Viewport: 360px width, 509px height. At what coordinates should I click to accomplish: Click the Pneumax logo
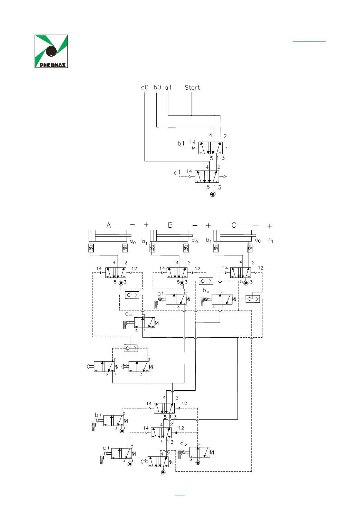(51, 51)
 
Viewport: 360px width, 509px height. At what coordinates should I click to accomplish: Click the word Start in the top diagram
(192, 88)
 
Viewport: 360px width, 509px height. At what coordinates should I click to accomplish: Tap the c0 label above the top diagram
(145, 88)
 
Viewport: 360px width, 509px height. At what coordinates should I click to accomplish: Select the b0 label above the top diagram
(157, 88)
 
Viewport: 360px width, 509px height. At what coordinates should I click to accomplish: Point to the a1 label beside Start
(168, 88)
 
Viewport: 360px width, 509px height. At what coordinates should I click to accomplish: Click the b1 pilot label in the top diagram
(181, 144)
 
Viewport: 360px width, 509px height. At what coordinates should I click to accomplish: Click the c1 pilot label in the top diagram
(177, 173)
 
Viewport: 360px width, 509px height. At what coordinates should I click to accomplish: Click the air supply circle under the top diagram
(213, 194)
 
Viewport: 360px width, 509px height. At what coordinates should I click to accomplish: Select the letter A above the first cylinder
(109, 225)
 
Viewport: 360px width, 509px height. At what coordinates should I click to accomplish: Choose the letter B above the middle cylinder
(170, 225)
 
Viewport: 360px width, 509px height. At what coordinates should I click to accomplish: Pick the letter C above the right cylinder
(234, 225)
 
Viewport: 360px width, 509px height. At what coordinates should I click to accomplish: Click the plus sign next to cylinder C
(270, 226)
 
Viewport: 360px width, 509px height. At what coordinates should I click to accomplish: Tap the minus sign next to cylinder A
(132, 225)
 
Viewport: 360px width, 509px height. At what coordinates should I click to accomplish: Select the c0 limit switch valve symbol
(145, 322)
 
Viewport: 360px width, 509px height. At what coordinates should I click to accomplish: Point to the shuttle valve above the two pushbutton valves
(131, 348)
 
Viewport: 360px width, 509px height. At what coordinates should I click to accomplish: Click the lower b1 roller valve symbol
(113, 420)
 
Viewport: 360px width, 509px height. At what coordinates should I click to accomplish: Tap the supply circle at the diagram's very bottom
(163, 472)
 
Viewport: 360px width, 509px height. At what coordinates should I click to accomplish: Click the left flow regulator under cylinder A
(91, 248)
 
